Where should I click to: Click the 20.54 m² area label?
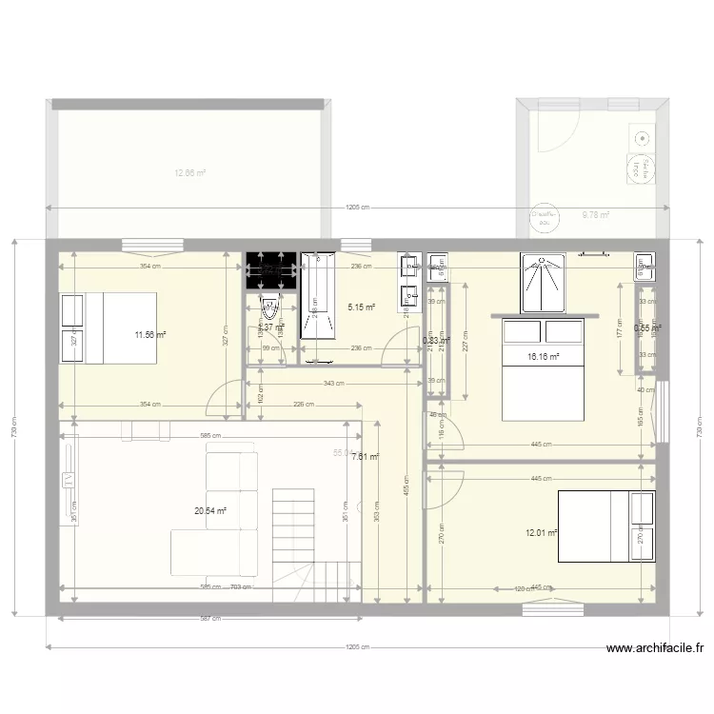click(x=210, y=511)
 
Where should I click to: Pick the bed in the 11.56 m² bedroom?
click(x=109, y=327)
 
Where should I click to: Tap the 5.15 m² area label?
click(x=361, y=307)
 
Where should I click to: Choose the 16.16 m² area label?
click(x=543, y=357)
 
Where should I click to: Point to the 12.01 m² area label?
click(x=541, y=534)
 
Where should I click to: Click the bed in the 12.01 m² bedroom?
click(x=606, y=526)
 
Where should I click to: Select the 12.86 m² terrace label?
click(x=190, y=173)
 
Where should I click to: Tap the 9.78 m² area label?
click(x=596, y=215)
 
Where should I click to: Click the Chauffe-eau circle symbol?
click(x=545, y=219)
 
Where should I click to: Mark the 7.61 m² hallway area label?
click(x=366, y=457)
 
